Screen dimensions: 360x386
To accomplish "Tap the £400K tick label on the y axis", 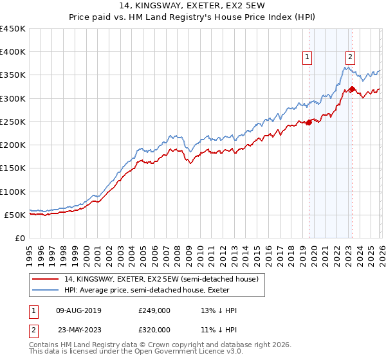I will (13, 52).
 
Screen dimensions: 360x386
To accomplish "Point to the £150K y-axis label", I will (13, 168).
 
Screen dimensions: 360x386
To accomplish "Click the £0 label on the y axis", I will (21, 238).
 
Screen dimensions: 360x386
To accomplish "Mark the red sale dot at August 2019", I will (309, 122).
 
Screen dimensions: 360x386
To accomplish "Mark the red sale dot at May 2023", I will (352, 89).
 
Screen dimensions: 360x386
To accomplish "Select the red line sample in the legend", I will (46, 279).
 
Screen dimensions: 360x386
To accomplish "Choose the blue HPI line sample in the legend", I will (46, 290).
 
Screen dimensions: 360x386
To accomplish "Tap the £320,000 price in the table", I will (154, 329).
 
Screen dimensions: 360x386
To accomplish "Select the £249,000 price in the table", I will (154, 310).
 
